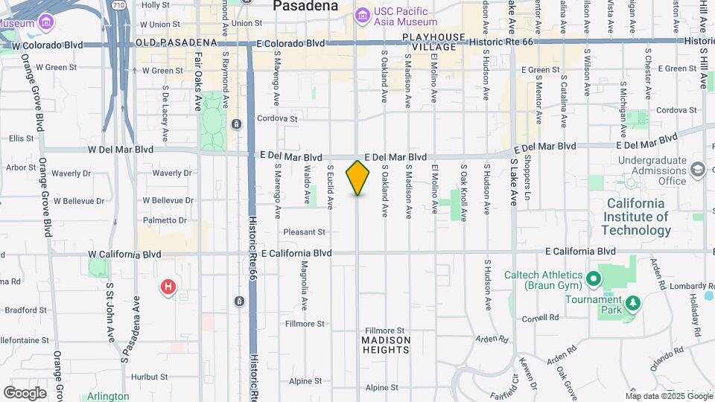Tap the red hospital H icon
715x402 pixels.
coord(169,287)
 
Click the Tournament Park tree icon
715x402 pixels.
coord(633,302)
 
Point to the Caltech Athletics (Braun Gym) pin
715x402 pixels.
coord(594,279)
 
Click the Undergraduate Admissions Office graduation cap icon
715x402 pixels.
coord(697,170)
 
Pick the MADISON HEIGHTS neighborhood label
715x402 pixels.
coord(386,345)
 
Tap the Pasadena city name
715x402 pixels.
coord(305,6)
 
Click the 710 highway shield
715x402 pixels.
coord(119,5)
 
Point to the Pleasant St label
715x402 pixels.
coord(305,232)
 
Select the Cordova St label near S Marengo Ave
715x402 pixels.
coord(277,118)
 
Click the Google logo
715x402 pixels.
coord(25,392)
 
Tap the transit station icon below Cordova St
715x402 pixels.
coord(236,124)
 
